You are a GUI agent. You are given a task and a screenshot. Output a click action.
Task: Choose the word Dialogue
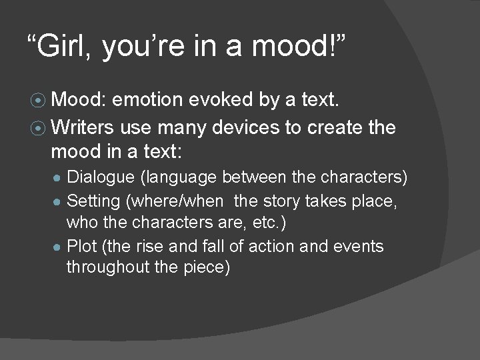(99, 178)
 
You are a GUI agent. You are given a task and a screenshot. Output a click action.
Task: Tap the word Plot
(82, 246)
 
